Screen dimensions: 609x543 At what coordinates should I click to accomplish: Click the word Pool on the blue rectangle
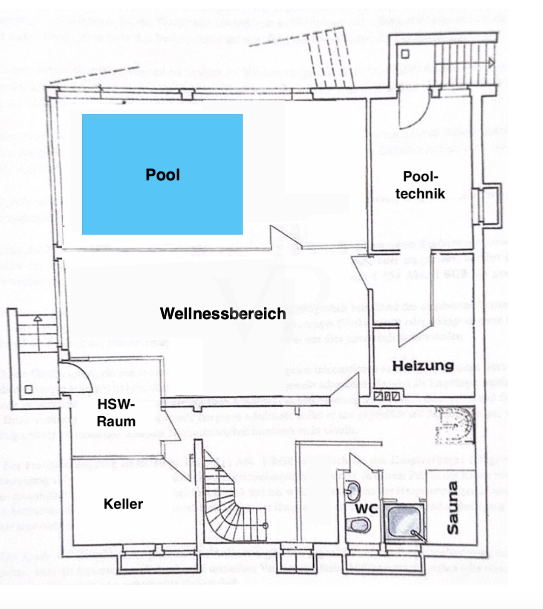click(x=162, y=175)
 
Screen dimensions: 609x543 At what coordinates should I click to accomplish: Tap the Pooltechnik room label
click(x=420, y=185)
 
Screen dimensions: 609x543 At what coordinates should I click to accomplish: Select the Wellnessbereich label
click(x=222, y=314)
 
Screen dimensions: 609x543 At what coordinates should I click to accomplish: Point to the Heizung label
click(x=422, y=365)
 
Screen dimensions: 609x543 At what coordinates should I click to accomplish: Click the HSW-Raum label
click(x=116, y=413)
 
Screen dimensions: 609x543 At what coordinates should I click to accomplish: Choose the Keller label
click(x=123, y=504)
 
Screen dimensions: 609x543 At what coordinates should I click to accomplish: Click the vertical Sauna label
click(x=453, y=507)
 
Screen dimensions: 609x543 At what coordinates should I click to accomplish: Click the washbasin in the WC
click(x=352, y=490)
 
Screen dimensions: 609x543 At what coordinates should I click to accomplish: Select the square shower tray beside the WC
click(x=405, y=523)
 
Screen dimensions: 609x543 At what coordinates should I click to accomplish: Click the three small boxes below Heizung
click(x=387, y=396)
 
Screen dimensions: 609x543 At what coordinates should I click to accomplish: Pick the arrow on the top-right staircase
click(x=491, y=64)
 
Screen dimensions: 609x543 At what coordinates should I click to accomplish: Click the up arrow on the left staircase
click(x=38, y=318)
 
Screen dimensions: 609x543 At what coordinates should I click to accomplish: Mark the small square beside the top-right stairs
click(x=405, y=54)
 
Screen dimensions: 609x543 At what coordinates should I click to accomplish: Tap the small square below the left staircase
click(x=29, y=389)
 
